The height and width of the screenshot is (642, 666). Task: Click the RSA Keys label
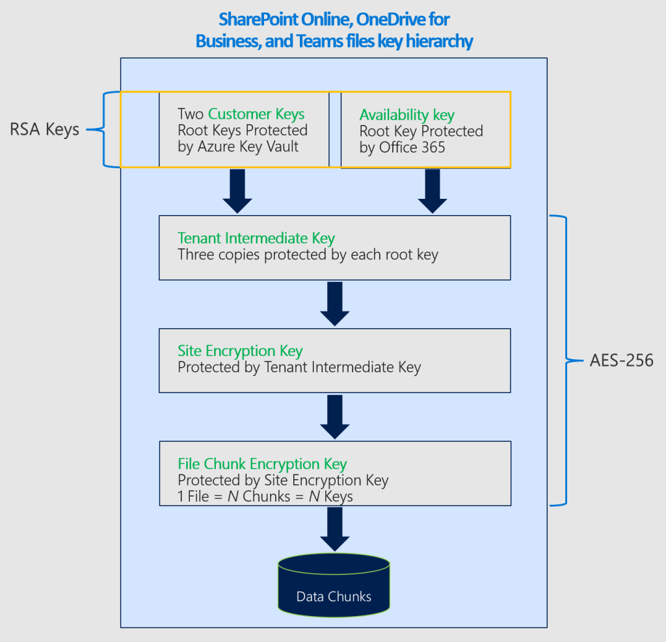pyautogui.click(x=44, y=129)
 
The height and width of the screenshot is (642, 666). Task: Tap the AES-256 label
pyautogui.click(x=621, y=360)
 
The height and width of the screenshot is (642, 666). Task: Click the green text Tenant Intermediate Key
pyautogui.click(x=256, y=238)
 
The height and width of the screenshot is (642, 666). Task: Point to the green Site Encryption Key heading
pyautogui.click(x=240, y=351)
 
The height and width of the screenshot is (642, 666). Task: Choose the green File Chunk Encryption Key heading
pyautogui.click(x=262, y=464)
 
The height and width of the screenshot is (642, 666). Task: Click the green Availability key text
pyautogui.click(x=406, y=115)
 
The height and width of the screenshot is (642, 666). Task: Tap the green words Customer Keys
pyautogui.click(x=256, y=114)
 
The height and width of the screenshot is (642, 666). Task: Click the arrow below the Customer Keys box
pyautogui.click(x=237, y=191)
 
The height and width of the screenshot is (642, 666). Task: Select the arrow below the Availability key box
pyautogui.click(x=433, y=191)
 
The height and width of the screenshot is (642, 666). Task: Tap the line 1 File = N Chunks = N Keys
pyautogui.click(x=265, y=496)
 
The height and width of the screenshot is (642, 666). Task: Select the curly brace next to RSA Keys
pyautogui.click(x=104, y=129)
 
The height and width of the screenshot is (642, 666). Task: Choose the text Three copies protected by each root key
pyautogui.click(x=308, y=254)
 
